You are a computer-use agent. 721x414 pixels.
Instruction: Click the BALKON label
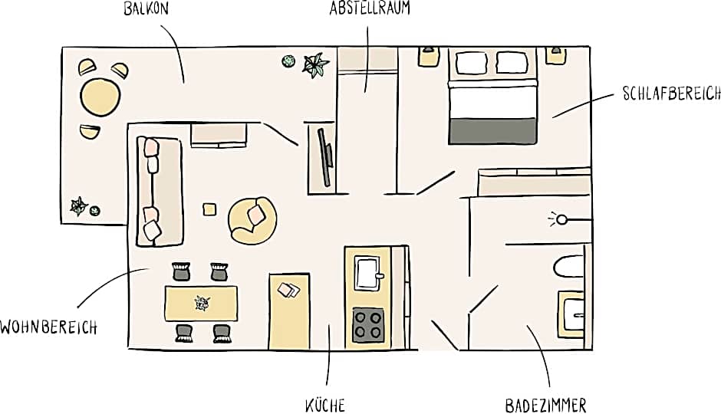[147, 8]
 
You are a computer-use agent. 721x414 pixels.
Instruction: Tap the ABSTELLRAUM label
[369, 8]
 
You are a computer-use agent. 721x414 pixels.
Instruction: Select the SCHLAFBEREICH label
[671, 93]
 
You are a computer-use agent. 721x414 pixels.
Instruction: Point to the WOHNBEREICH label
[49, 327]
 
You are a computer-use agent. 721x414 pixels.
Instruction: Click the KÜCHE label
[325, 406]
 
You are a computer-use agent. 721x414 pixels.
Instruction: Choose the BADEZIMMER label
[546, 406]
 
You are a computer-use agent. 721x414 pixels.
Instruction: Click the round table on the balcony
[100, 97]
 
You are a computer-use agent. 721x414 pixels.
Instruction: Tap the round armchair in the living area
[252, 221]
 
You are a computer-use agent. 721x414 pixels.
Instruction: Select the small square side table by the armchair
[209, 209]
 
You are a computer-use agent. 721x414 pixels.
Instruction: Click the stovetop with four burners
[368, 325]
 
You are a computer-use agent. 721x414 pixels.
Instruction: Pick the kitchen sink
[368, 273]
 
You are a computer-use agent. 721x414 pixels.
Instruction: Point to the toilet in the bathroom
[569, 267]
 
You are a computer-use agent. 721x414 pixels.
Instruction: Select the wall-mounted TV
[325, 157]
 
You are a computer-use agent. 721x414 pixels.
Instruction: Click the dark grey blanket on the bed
[492, 131]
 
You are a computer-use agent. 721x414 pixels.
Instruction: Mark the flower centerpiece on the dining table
[202, 304]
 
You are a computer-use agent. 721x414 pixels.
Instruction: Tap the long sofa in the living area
[160, 191]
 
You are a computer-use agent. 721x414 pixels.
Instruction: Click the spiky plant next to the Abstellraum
[315, 65]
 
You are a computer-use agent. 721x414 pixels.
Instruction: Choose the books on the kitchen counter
[288, 291]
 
